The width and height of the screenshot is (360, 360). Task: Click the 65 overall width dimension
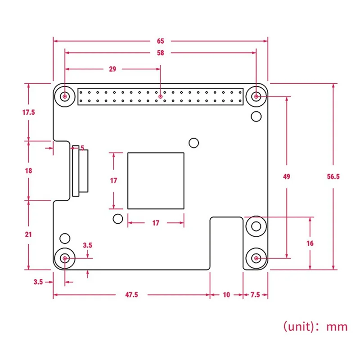point(161,41)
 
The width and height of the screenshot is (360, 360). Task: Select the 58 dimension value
point(161,53)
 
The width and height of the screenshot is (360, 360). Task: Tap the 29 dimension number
point(112,69)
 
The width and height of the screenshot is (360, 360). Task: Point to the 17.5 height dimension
point(28,112)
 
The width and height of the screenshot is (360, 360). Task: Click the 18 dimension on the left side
point(29,171)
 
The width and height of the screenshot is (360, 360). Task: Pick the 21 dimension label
point(29,234)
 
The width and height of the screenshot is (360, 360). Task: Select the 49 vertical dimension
point(287,177)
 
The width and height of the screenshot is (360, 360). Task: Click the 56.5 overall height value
point(333,177)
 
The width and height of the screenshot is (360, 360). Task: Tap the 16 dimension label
point(310,243)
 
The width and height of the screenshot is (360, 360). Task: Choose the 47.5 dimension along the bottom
point(132,295)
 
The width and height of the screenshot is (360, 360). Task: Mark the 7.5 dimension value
point(255,295)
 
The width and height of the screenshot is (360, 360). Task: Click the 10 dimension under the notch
point(226,295)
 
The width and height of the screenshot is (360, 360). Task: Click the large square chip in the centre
point(156,181)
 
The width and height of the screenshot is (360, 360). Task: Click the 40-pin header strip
point(161,96)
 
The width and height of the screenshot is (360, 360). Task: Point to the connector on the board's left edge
point(79,171)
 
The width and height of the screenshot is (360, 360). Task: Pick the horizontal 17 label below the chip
point(156,223)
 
